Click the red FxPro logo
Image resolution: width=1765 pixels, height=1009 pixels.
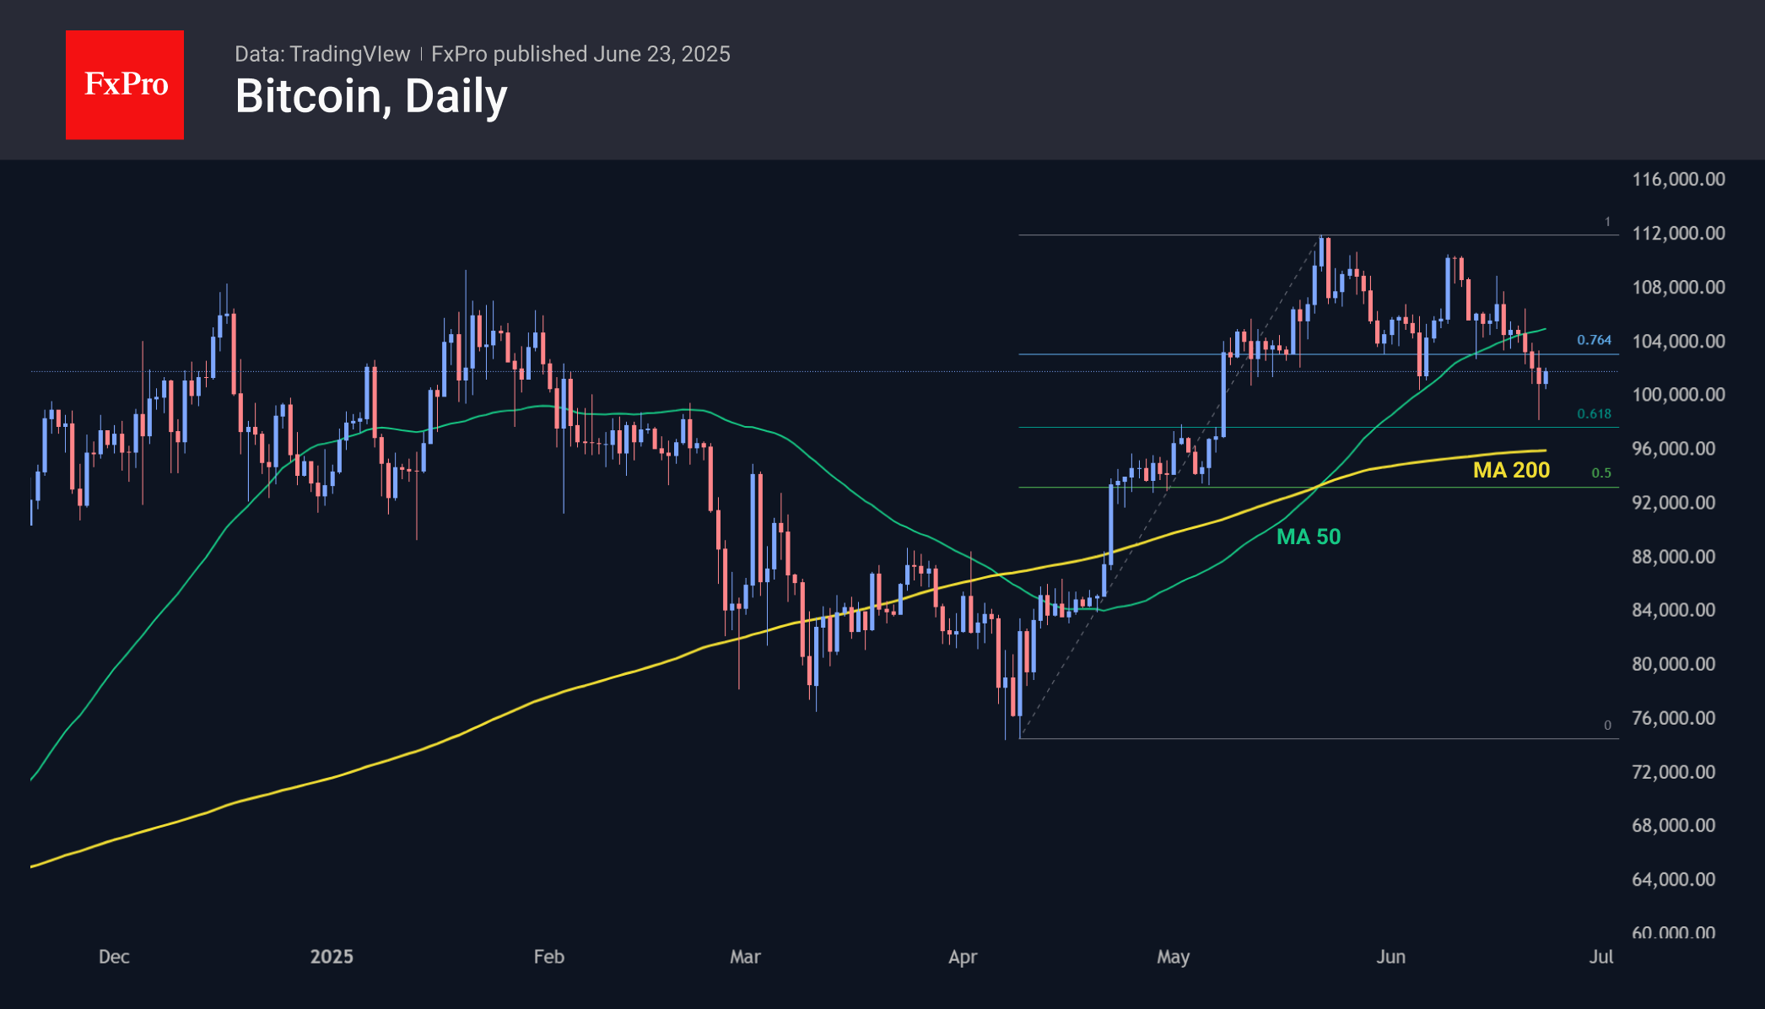(x=125, y=84)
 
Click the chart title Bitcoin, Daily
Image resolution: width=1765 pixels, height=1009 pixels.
(x=371, y=96)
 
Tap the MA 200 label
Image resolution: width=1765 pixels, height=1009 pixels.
(x=1511, y=470)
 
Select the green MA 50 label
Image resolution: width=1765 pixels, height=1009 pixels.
(x=1308, y=537)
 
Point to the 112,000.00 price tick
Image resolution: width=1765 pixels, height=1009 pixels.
(x=1678, y=233)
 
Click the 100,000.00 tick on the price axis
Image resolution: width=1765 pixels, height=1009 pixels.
(x=1678, y=395)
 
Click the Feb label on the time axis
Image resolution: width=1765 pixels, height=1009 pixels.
(x=548, y=957)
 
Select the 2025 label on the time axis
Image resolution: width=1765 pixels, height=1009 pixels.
(x=332, y=957)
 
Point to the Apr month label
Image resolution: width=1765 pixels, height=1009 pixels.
(x=963, y=957)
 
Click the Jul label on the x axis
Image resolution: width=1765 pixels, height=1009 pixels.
(x=1600, y=957)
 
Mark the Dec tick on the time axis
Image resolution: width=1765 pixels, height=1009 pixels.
(x=114, y=957)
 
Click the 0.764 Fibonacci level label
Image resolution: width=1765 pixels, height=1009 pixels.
(x=1594, y=340)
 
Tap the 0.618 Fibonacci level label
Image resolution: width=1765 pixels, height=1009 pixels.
(x=1594, y=413)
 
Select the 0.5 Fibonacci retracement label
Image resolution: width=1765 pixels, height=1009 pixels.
(x=1601, y=472)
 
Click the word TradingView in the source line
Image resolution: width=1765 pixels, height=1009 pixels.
(x=349, y=54)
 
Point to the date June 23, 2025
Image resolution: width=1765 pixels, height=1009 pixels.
(x=661, y=54)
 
